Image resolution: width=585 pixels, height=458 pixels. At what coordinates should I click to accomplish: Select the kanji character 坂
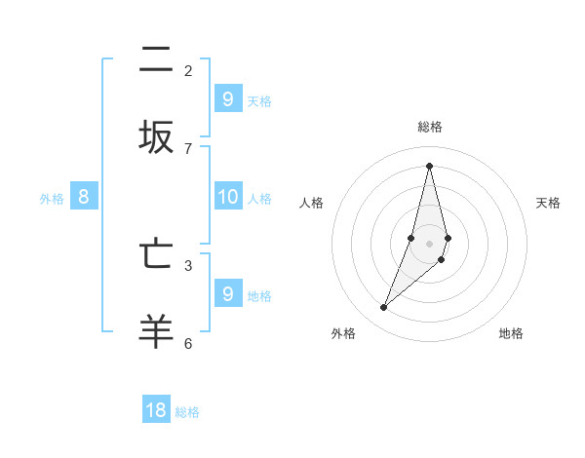[x=156, y=137]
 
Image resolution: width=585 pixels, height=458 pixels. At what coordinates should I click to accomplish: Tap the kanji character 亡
[x=156, y=253]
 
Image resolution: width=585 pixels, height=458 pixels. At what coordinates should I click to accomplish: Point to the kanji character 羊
[x=156, y=331]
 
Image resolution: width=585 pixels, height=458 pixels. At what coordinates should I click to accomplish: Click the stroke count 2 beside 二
[x=188, y=70]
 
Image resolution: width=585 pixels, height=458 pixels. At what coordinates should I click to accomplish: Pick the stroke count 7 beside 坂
[x=188, y=148]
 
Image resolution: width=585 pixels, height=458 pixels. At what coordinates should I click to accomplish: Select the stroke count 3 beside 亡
[x=188, y=264]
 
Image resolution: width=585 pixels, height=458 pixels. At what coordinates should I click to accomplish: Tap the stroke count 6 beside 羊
[x=188, y=343]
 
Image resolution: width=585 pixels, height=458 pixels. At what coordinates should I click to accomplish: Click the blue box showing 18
[x=156, y=410]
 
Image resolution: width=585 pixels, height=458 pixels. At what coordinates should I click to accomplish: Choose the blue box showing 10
[x=227, y=197]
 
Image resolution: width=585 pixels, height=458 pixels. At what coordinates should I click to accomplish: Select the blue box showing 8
[x=84, y=197]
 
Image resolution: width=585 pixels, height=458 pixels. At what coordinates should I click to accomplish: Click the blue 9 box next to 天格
[x=227, y=98]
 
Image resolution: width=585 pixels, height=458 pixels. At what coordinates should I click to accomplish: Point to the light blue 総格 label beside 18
[x=187, y=412]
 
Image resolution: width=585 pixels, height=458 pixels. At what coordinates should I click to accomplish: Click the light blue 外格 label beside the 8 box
[x=52, y=199]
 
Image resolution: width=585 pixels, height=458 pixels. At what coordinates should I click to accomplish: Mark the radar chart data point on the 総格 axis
[x=429, y=166]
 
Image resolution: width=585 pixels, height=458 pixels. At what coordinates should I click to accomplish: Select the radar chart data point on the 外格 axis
[x=383, y=308]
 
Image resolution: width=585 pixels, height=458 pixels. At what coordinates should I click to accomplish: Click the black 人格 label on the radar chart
[x=311, y=203]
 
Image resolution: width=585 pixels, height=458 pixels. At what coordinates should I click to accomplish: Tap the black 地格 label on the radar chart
[x=511, y=333]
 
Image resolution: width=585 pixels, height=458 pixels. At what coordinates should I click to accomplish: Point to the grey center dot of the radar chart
[x=429, y=244]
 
